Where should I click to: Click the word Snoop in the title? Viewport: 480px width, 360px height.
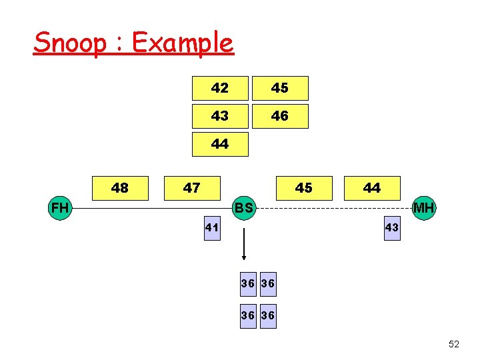[x=70, y=43]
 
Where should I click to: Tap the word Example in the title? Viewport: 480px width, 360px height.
[x=183, y=44]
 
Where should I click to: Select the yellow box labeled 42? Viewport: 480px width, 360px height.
[x=220, y=88]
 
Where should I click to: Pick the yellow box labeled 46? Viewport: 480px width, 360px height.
[x=280, y=116]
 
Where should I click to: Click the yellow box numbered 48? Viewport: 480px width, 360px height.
[x=120, y=188]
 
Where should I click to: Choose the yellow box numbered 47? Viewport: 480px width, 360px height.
[x=192, y=188]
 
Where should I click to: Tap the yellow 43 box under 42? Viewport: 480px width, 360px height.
[x=220, y=116]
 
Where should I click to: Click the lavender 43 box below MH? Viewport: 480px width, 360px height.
[x=391, y=228]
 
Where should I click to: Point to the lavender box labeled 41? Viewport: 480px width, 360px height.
[x=212, y=228]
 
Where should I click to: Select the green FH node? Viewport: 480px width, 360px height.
[x=60, y=208]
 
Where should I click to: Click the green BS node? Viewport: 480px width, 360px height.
[x=244, y=208]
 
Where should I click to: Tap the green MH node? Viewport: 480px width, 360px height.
[x=423, y=208]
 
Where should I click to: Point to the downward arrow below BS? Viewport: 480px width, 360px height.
[x=244, y=243]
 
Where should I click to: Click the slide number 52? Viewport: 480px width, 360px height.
[x=454, y=344]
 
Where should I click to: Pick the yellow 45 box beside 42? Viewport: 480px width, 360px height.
[x=280, y=88]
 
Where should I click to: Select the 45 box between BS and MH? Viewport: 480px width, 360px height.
[x=303, y=188]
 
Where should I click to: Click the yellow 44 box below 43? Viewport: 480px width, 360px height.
[x=220, y=144]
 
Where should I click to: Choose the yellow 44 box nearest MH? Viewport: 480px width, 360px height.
[x=372, y=188]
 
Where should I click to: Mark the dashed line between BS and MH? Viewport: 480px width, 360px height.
[x=333, y=209]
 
